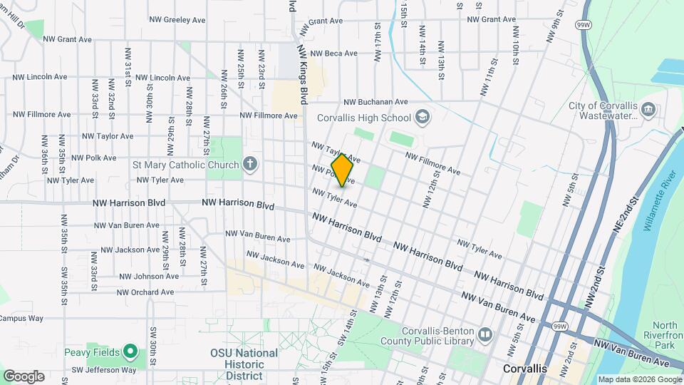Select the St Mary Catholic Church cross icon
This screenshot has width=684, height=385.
(249, 165)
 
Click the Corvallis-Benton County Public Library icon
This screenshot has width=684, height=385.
(485, 334)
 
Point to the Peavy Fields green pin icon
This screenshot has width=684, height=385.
(130, 351)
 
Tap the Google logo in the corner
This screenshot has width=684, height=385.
(23, 376)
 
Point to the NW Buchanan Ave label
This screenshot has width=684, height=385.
(375, 102)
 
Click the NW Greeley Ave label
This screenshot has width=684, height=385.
(177, 20)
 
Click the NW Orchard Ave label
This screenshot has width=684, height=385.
(145, 292)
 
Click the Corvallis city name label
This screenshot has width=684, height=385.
(524, 369)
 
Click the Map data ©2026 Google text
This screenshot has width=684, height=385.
(639, 379)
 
